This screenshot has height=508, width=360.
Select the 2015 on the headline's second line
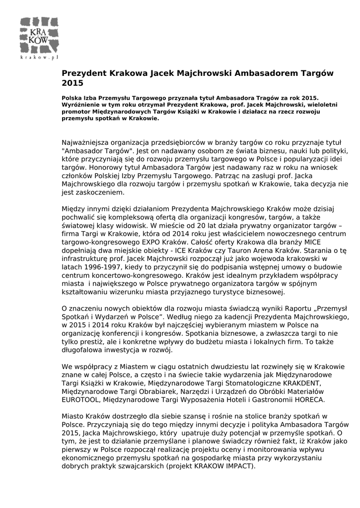[x=72, y=83]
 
